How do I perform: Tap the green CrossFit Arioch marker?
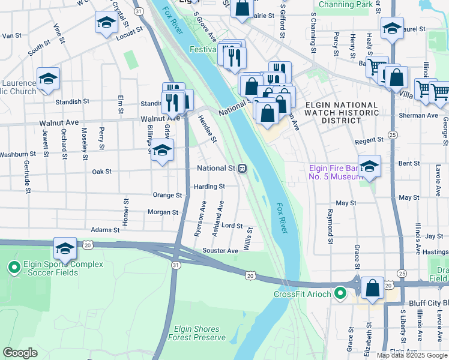pyautogui.click(x=340, y=294)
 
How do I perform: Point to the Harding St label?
pyautogui.click(x=209, y=187)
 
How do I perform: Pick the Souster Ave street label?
pyautogui.click(x=220, y=250)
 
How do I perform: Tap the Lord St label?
pyautogui.click(x=232, y=226)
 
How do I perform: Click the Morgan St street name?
pyautogui.click(x=163, y=212)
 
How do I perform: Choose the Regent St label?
pyautogui.click(x=369, y=140)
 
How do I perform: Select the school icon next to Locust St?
pyautogui.click(x=106, y=23)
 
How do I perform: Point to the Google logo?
pyautogui.click(x=20, y=353)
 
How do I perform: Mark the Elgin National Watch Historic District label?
pyautogui.click(x=342, y=113)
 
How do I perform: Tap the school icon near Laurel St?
pyautogui.click(x=392, y=28)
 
